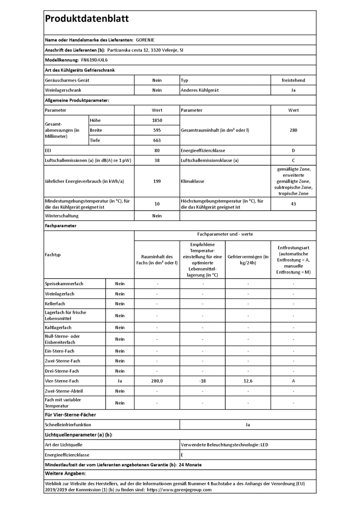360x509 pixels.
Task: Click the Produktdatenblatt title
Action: point(87,18)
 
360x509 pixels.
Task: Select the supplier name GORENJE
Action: point(145,40)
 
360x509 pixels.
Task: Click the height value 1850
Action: point(157,120)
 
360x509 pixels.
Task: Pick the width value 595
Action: point(157,130)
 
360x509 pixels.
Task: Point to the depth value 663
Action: point(157,140)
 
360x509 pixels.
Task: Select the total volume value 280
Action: point(293,130)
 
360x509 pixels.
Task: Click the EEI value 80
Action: point(157,150)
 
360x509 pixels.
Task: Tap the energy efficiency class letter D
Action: point(293,150)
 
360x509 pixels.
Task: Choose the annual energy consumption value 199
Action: point(157,181)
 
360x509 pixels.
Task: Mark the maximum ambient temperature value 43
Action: point(293,204)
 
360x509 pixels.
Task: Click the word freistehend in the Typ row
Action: point(293,80)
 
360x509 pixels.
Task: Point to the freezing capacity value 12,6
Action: point(248,381)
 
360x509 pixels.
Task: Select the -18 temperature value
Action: point(202,381)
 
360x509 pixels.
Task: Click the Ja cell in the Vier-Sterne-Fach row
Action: point(120,381)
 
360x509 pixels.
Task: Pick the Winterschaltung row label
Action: point(61,216)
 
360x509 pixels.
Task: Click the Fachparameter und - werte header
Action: point(225,234)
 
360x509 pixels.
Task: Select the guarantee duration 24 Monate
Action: point(190,465)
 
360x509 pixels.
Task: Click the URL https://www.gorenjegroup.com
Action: point(179,490)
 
